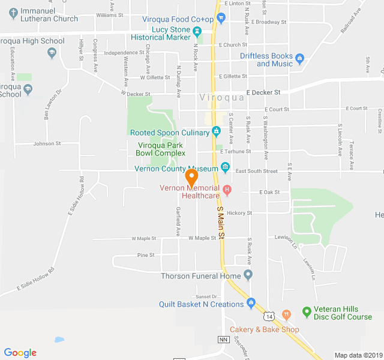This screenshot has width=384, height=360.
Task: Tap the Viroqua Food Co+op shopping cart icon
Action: (x=221, y=19)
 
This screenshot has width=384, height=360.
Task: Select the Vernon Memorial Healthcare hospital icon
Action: (x=227, y=190)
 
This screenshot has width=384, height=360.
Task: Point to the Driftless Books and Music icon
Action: (x=300, y=59)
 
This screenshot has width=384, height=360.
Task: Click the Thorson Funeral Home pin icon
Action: (x=248, y=275)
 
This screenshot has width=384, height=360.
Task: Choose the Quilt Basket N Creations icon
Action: (x=251, y=302)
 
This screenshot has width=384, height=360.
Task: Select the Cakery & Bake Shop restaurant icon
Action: (x=287, y=313)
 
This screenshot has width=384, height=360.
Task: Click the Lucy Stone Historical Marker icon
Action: (x=205, y=30)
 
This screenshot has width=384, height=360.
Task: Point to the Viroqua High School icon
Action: (x=52, y=53)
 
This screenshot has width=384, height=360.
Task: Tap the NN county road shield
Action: (x=224, y=340)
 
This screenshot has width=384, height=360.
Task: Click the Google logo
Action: (x=20, y=353)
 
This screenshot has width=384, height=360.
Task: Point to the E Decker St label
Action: (x=263, y=92)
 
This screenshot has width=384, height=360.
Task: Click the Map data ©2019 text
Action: (x=358, y=355)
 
